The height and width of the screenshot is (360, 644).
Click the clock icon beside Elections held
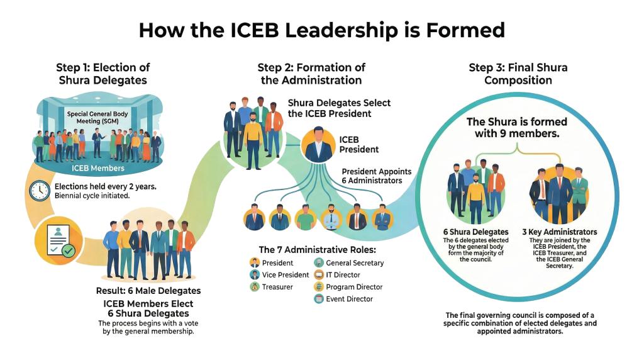pyautogui.click(x=40, y=190)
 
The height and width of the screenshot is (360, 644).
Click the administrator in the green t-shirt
pyautogui.click(x=305, y=218)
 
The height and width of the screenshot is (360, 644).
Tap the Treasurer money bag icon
pyautogui.click(x=254, y=287)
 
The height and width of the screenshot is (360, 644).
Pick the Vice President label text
pyautogui.click(x=286, y=275)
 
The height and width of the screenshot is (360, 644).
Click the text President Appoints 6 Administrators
pyautogui.click(x=376, y=176)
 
